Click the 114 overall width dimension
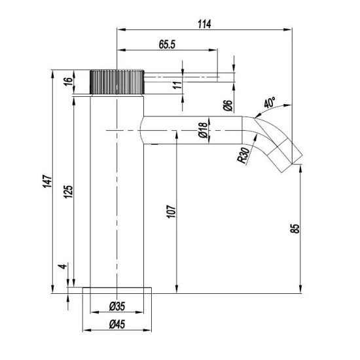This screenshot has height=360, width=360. coord(204,24)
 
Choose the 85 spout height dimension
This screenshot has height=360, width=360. coord(295,229)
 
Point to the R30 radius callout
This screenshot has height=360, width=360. coord(243,154)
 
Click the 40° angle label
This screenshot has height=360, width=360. coord(270,103)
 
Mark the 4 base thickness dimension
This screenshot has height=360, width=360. coord(62,267)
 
